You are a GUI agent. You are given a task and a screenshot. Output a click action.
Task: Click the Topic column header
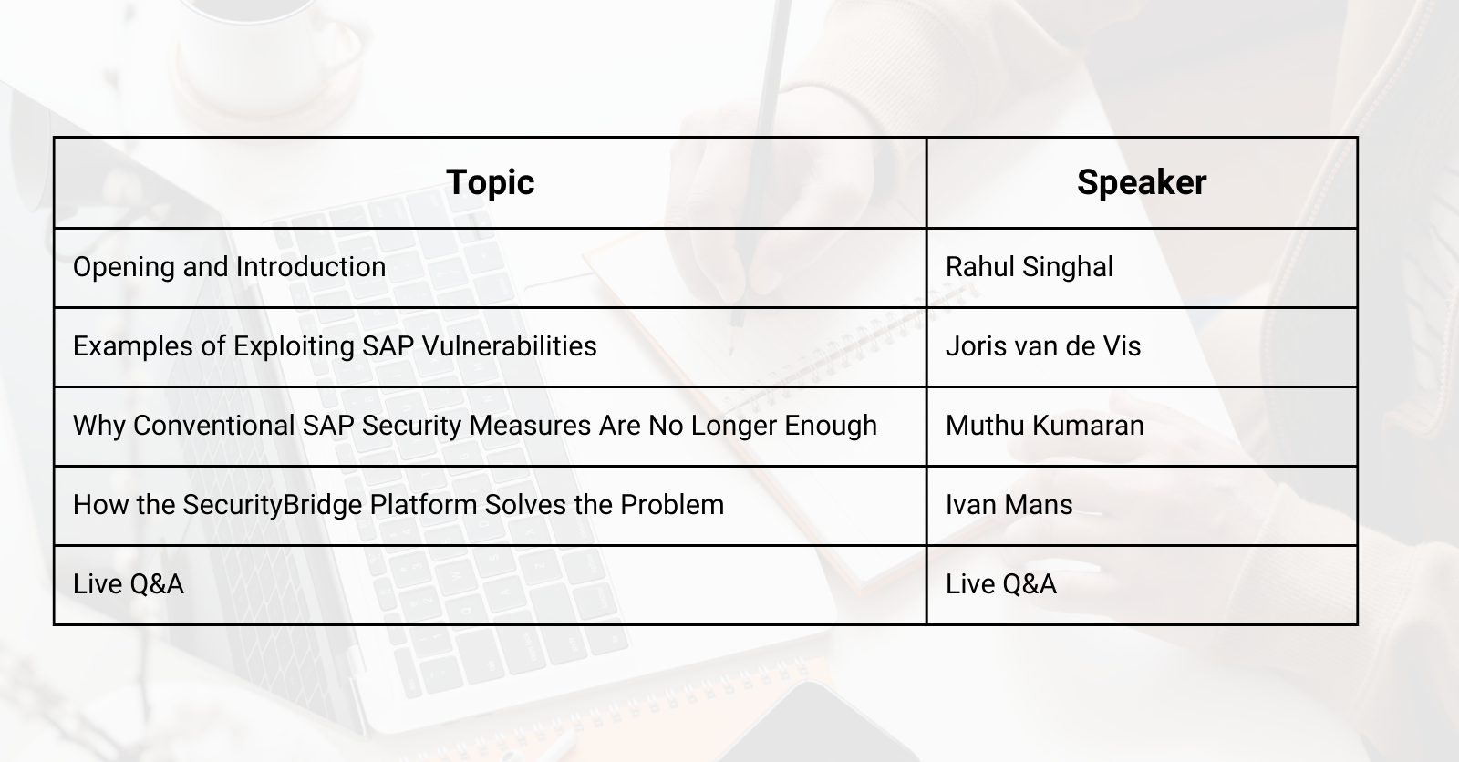pyautogui.click(x=490, y=182)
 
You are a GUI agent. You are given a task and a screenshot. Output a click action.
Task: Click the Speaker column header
pyautogui.click(x=1141, y=182)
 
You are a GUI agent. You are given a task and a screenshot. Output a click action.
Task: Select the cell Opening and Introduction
pyautogui.click(x=229, y=267)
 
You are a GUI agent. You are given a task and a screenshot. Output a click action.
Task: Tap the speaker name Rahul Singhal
pyautogui.click(x=1029, y=267)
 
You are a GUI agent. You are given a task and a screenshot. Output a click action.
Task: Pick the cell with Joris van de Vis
pyautogui.click(x=1042, y=346)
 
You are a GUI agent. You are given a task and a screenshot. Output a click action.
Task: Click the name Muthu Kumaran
pyautogui.click(x=1044, y=426)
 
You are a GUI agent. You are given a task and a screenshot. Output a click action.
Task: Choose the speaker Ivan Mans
pyautogui.click(x=1009, y=505)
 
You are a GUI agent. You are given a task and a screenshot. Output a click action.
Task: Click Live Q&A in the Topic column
pyautogui.click(x=128, y=584)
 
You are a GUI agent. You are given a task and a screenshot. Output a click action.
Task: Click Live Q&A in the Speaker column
pyautogui.click(x=1000, y=584)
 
